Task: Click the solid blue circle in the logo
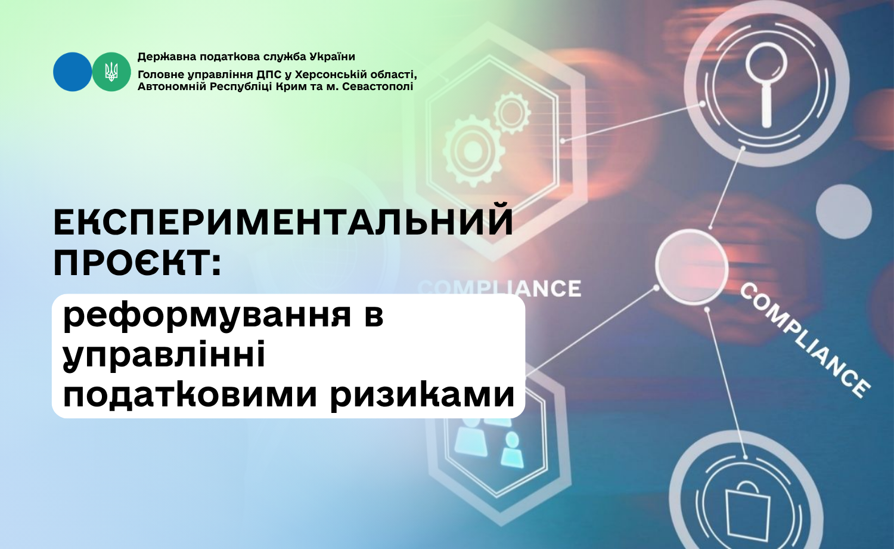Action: coord(72,72)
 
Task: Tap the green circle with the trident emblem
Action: coord(111,72)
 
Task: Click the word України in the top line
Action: coord(333,57)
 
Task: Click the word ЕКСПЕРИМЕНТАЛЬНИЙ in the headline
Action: coord(283,224)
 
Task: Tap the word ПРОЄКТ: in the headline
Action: coord(137,264)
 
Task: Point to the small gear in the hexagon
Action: coord(512,112)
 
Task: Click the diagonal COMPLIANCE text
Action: coord(805,341)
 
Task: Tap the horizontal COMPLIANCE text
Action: coord(499,288)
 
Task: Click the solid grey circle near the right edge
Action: coord(843,211)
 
